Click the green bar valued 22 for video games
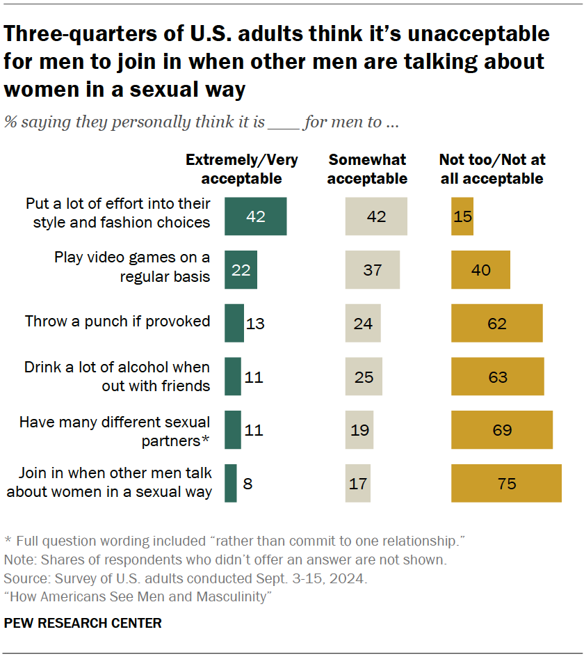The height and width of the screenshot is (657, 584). [x=241, y=269]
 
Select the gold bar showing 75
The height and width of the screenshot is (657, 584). [x=506, y=483]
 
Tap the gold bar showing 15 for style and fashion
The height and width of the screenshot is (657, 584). [x=462, y=216]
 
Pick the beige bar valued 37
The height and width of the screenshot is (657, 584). [x=373, y=269]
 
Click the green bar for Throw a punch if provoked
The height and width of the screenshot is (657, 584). [x=234, y=323]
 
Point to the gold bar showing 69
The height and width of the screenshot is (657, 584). [x=502, y=430]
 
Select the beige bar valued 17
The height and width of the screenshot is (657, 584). [x=358, y=483]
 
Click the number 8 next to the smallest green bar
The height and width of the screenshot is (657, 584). [x=248, y=483]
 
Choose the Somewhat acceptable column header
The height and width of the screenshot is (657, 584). [x=367, y=169]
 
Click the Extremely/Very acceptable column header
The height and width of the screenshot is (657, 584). [x=241, y=169]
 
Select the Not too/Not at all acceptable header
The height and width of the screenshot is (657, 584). [x=492, y=169]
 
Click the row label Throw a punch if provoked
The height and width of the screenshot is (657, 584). [x=117, y=322]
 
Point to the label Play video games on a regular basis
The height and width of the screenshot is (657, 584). [x=132, y=267]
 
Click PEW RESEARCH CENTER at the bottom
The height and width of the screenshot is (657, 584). [x=83, y=623]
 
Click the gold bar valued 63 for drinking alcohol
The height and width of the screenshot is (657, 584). [x=498, y=377]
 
